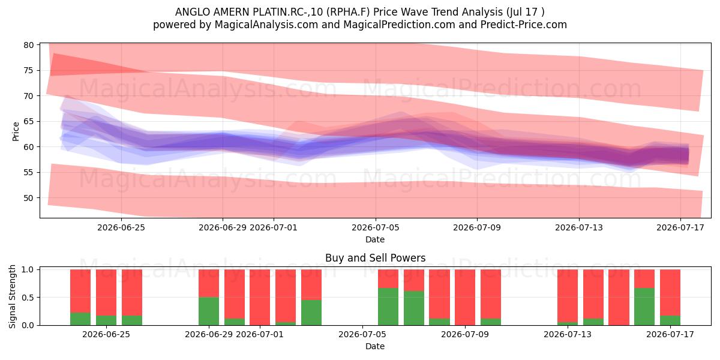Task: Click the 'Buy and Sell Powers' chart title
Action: (x=375, y=258)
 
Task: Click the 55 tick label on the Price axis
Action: (x=29, y=172)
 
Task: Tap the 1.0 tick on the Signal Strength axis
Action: (x=28, y=269)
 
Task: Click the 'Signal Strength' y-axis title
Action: (x=12, y=296)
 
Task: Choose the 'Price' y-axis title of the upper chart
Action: (x=16, y=131)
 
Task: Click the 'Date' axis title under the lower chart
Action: (x=375, y=346)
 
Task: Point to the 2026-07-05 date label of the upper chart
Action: (x=376, y=227)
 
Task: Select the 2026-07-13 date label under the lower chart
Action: (x=568, y=334)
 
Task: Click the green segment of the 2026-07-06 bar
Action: (x=388, y=307)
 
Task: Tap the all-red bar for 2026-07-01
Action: (x=260, y=298)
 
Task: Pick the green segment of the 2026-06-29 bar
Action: (x=209, y=311)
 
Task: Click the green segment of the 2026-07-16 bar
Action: (x=644, y=307)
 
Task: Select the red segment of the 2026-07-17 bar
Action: (x=670, y=293)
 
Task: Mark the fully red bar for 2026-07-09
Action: (x=465, y=298)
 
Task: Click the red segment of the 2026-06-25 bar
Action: (x=106, y=293)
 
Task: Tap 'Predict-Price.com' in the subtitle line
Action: (x=524, y=25)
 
